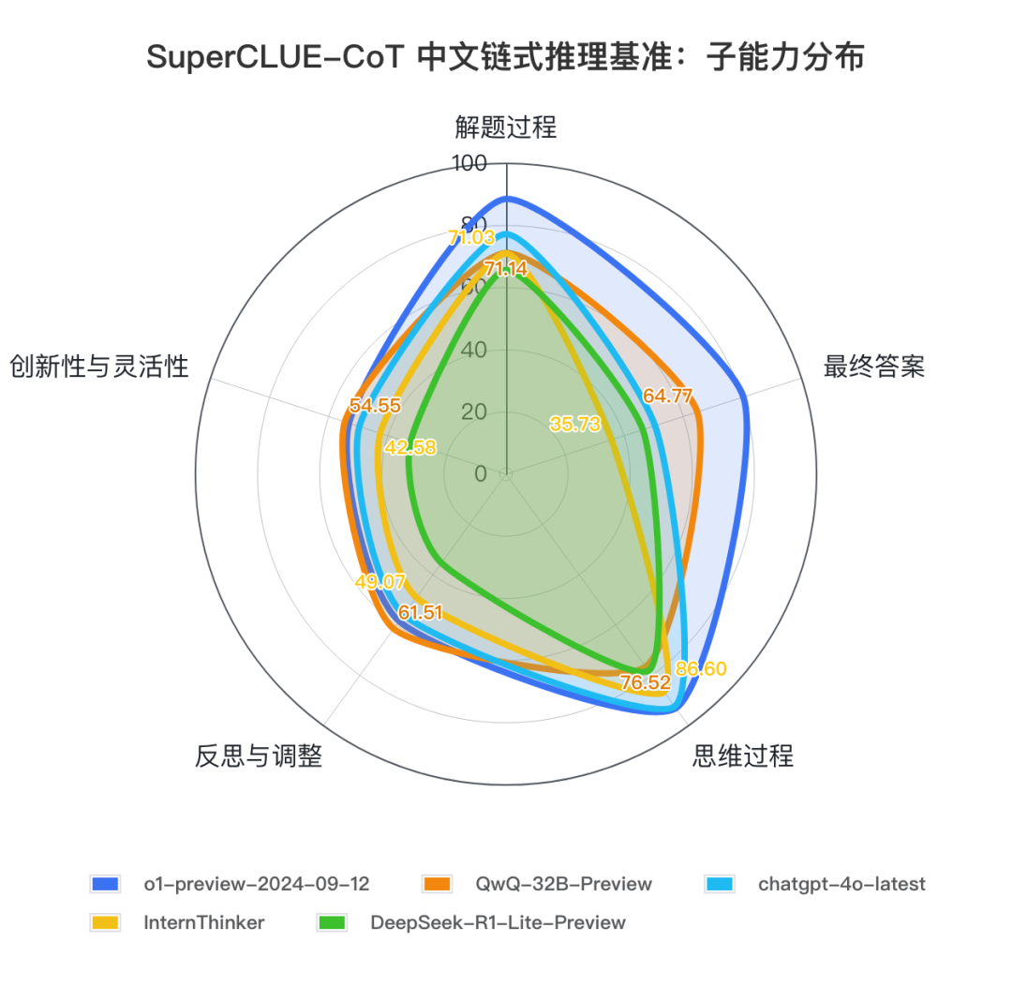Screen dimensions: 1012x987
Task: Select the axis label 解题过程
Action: coord(506,127)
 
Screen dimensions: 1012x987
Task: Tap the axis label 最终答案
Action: coord(873,366)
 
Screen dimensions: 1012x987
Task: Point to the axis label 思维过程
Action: coord(742,755)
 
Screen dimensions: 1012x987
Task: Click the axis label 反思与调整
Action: coord(259,755)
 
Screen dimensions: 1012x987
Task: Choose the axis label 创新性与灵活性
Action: coord(99,366)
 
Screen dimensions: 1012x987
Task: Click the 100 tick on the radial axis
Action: coord(469,164)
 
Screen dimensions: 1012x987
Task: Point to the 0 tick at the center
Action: coord(481,473)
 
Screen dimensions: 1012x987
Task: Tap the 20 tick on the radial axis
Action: coord(474,412)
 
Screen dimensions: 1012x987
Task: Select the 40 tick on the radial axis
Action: coord(474,351)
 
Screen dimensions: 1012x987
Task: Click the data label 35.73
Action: coord(574,424)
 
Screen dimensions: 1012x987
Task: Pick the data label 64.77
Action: coord(667,396)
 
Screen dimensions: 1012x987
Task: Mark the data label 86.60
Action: coord(700,668)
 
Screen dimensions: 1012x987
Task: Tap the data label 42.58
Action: coord(410,447)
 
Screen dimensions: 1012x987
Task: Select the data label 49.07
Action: coord(380,582)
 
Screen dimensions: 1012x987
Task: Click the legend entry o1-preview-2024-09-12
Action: coord(256,884)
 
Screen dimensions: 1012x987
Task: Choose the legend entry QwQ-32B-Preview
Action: coord(563,884)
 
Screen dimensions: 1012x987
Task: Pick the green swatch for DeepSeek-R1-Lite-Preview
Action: coord(332,922)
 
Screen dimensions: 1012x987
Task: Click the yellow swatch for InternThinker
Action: coord(105,922)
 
